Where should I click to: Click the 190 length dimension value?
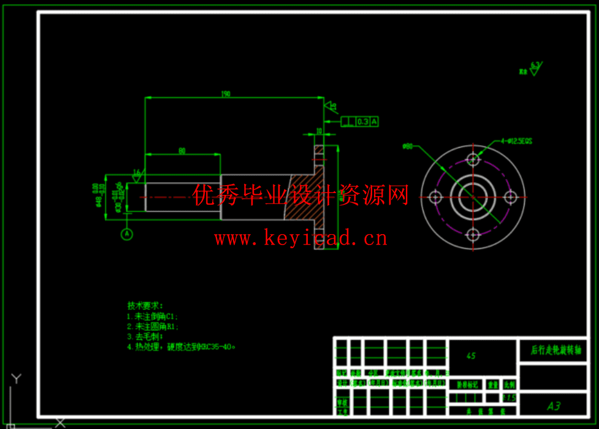(x=226, y=94)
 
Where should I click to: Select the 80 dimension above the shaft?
(x=182, y=151)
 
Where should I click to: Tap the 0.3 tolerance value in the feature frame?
(x=362, y=121)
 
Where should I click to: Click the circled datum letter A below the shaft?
(x=127, y=233)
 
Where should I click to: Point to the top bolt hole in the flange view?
(x=473, y=159)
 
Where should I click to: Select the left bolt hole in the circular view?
(x=435, y=197)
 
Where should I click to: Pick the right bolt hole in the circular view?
(x=510, y=197)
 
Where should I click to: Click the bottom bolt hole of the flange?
(x=473, y=235)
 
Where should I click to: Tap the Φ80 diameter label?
(x=408, y=146)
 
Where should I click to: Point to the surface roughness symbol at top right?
(x=533, y=69)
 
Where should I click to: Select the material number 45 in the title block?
(x=471, y=355)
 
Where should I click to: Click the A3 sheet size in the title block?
(x=554, y=406)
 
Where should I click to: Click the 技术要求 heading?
(x=145, y=305)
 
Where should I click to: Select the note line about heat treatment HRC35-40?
(x=181, y=347)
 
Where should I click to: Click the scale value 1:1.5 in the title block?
(x=509, y=398)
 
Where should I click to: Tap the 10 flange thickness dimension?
(x=319, y=131)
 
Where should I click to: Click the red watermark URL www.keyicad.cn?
(x=300, y=238)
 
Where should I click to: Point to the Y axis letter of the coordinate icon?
(x=17, y=378)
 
